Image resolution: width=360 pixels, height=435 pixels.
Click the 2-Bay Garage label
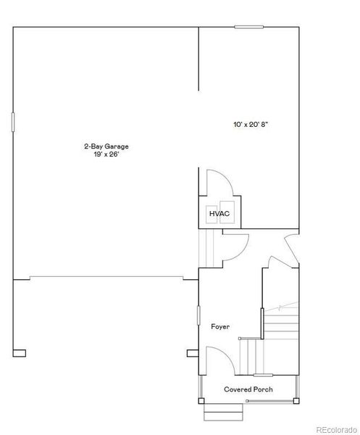tap(106, 146)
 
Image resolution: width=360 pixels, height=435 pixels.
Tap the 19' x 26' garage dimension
tap(106, 154)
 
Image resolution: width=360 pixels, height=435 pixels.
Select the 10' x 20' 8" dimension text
tap(251, 125)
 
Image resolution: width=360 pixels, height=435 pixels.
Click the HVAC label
tap(219, 214)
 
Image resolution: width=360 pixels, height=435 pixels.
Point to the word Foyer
tap(220, 326)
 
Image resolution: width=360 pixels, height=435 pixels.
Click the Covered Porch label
tap(248, 389)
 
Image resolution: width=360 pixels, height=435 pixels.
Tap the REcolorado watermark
tap(336, 430)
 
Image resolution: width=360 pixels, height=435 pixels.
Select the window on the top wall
tap(248, 27)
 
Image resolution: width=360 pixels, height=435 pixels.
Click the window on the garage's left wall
tap(13, 122)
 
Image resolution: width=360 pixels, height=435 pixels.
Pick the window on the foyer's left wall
tap(198, 315)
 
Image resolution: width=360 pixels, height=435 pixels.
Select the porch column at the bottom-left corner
tap(201, 401)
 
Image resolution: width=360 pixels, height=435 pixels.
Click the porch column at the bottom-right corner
tap(296, 401)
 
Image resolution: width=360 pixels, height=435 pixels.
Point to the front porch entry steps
tap(223, 413)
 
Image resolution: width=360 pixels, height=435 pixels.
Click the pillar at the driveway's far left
tap(20, 353)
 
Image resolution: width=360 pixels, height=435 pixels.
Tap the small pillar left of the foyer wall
tap(193, 353)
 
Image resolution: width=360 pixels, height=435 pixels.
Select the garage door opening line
tap(106, 277)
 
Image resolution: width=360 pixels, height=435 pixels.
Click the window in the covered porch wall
tap(263, 376)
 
